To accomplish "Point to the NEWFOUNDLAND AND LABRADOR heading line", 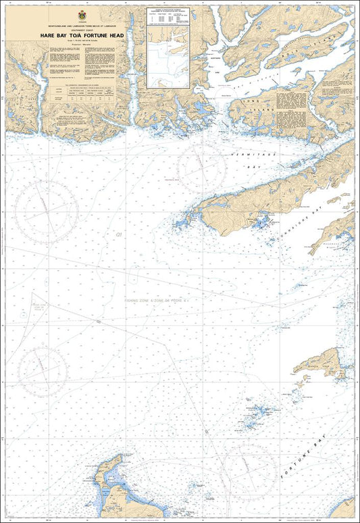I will point(82,23).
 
